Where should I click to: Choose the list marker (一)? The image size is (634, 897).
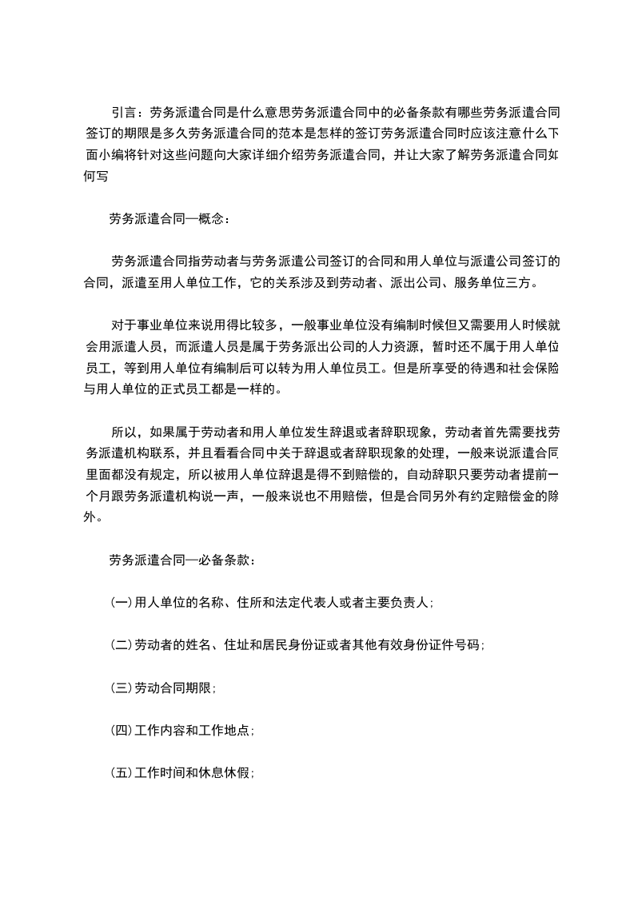[x=122, y=603]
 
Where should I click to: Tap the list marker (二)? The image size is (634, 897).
[x=122, y=644]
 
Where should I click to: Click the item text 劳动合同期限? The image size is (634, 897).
[x=173, y=687]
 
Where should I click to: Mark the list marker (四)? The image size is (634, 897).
[x=122, y=730]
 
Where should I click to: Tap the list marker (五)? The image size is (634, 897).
[x=122, y=772]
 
